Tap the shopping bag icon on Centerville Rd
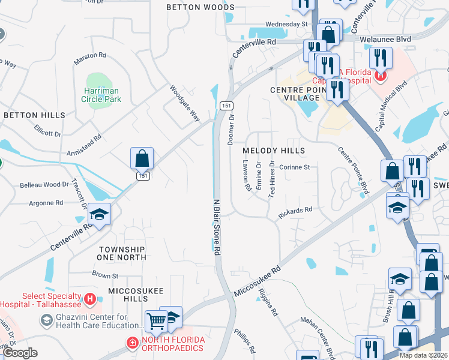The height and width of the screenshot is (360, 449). tap(142, 159)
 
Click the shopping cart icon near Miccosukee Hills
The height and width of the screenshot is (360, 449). tap(156, 321)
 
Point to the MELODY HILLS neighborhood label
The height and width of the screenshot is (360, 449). tap(274, 151)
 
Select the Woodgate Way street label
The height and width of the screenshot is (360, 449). tap(184, 103)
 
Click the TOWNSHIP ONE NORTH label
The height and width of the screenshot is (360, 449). tap(122, 253)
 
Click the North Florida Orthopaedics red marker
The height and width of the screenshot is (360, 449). tap(131, 343)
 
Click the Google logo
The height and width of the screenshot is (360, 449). tap(20, 353)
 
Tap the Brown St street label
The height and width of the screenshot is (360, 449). tap(105, 275)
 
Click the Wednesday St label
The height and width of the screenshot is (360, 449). tap(286, 24)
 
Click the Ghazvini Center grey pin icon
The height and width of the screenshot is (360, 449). tap(46, 321)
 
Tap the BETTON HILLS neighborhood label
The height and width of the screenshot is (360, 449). tap(34, 115)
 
